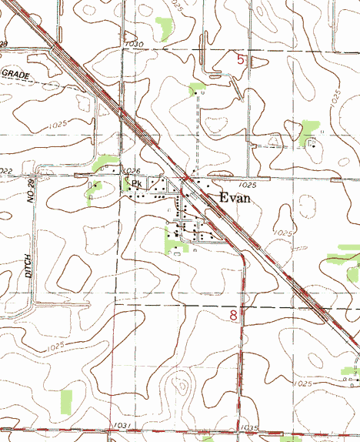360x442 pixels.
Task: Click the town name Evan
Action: [235, 197]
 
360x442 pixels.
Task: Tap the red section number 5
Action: [241, 59]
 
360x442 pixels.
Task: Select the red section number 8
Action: [233, 315]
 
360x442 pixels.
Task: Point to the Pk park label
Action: [136, 184]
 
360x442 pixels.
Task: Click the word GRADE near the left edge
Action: [15, 73]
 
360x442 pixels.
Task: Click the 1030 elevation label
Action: [133, 45]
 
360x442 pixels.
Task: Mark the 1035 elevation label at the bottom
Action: [249, 427]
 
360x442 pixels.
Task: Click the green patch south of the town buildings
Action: [172, 242]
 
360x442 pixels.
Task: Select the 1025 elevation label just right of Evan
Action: [247, 186]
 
